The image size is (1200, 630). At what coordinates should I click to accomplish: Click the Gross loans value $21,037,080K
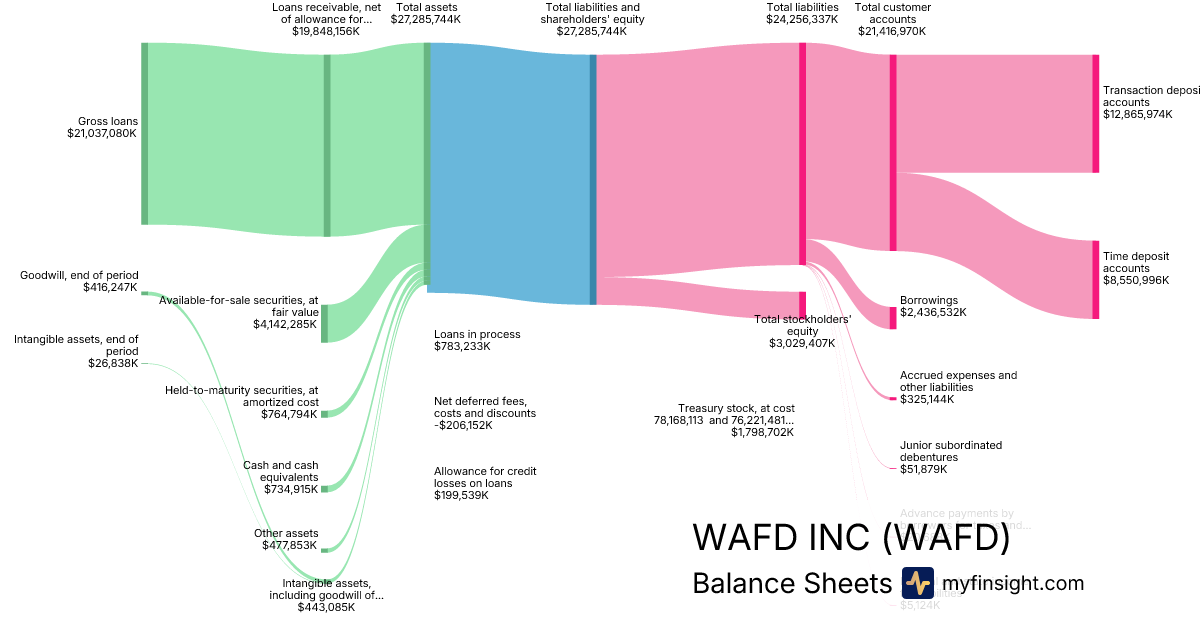point(102,133)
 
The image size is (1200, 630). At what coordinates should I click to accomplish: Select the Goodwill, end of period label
point(79,275)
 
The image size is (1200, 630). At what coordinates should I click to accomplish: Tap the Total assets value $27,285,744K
point(426,19)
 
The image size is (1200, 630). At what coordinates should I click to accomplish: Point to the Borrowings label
point(929,300)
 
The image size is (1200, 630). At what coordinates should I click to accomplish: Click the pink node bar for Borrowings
point(893,315)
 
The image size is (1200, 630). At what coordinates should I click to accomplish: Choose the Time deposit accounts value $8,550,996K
point(1136,281)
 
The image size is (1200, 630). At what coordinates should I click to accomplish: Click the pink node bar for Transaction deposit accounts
point(1096,114)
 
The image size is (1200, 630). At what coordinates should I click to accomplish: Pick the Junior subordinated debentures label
point(950,451)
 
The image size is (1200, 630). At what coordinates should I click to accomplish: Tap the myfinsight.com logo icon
point(917,583)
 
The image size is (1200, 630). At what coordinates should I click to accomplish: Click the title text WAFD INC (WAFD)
point(851,538)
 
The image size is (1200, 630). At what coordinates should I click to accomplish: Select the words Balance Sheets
point(791,584)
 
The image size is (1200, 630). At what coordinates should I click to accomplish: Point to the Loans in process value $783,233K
point(462,346)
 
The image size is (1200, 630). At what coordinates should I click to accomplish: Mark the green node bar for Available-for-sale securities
point(324,323)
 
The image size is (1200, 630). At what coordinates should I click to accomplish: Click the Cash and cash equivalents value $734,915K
point(289,489)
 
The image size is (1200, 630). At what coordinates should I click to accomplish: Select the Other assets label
point(286,533)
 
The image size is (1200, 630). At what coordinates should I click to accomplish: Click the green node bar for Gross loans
point(145,133)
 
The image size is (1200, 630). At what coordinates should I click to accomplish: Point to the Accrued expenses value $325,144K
point(927,399)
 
